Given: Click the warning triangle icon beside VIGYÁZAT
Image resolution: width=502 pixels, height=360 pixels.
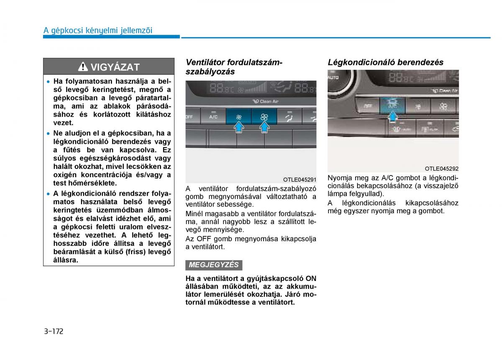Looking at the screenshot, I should [84, 67].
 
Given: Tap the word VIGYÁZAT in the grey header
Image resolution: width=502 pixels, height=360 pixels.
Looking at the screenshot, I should [115, 67].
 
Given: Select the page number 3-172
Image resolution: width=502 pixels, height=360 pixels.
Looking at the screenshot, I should [53, 332].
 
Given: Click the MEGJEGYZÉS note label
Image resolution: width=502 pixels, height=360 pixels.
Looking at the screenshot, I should [214, 265].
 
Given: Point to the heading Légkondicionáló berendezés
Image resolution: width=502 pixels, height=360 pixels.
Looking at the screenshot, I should [385, 62].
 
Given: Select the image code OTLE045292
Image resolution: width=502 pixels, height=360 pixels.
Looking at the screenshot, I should [441, 169].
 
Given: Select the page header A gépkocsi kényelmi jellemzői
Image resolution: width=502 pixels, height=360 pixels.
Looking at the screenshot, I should [98, 30].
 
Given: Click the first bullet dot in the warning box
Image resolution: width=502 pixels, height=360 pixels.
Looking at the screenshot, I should [49, 82].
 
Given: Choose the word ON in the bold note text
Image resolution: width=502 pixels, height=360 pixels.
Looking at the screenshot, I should [311, 278].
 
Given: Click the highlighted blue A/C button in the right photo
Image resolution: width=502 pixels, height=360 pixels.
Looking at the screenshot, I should [392, 105].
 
